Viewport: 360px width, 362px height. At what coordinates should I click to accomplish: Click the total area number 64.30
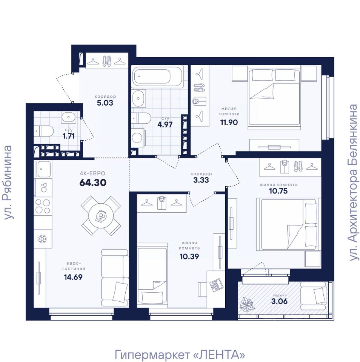[93, 183]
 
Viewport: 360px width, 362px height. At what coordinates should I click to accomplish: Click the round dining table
[101, 216]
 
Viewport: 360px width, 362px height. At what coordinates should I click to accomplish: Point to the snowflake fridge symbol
[42, 239]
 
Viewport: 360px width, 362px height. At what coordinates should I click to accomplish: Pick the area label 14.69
[73, 277]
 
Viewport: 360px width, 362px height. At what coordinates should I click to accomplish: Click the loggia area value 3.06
[280, 301]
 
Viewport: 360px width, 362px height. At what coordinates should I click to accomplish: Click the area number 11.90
[229, 122]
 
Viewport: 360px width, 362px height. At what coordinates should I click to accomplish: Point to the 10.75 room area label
[278, 191]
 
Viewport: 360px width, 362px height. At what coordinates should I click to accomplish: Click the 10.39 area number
[189, 256]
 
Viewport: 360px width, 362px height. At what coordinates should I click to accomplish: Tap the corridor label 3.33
[201, 180]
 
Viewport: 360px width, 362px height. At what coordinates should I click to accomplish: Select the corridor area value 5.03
[105, 103]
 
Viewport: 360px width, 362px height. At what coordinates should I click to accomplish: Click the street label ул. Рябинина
[8, 182]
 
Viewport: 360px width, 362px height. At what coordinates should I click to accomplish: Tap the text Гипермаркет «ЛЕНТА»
[180, 354]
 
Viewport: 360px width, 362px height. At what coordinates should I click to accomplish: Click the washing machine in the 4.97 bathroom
[138, 138]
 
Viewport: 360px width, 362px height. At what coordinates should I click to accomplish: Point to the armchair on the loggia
[314, 296]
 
